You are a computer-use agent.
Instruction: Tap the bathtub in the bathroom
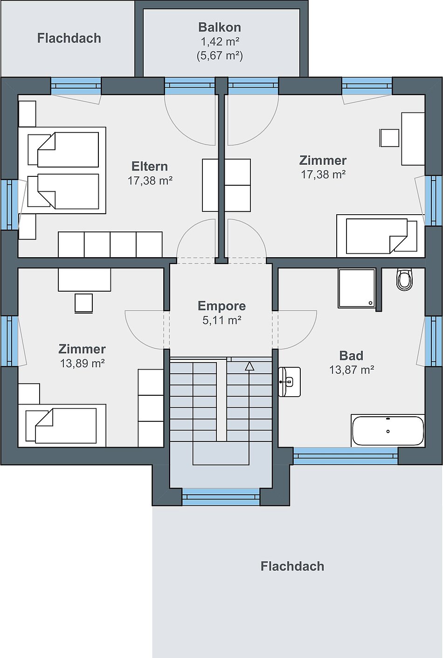[388, 431]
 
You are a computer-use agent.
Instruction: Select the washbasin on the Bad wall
[290, 382]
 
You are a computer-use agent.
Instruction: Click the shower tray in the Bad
[357, 288]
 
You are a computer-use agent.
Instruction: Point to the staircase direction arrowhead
[249, 366]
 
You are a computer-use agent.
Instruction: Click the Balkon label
[220, 27]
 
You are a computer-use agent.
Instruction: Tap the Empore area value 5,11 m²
[222, 320]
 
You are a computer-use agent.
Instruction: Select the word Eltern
[150, 166]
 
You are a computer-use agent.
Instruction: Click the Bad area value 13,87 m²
[352, 370]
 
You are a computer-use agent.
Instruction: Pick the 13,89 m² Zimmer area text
[82, 364]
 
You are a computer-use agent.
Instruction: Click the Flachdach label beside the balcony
[69, 38]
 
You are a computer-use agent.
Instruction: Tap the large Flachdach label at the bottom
[292, 566]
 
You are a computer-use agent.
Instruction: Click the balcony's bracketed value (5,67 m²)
[220, 56]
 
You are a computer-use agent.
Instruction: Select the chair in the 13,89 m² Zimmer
[83, 303]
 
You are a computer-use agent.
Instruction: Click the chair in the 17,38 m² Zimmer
[389, 138]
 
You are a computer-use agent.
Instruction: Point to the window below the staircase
[221, 497]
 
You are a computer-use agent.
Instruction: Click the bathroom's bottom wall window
[346, 455]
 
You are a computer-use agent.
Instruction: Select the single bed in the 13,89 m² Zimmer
[62, 426]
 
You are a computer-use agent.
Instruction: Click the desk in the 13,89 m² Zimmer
[84, 280]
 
